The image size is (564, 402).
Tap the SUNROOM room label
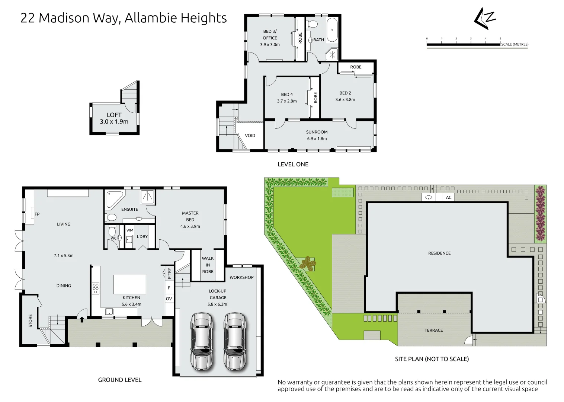(317, 132)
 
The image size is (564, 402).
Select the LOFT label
(114, 115)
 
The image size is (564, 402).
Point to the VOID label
(250, 135)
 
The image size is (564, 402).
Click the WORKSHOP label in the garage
(241, 277)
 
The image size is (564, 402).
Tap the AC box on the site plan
(449, 197)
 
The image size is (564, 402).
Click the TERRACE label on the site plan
(433, 330)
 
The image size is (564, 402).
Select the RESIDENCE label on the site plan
(439, 253)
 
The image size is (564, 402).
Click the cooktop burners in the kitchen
(96, 288)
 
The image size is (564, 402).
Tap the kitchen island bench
(129, 284)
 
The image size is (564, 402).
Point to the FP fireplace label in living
(37, 214)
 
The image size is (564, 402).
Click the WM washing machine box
(129, 231)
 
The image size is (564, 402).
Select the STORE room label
(31, 321)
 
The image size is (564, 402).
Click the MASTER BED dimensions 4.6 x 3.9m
(190, 226)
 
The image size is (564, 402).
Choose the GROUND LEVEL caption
(119, 380)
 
